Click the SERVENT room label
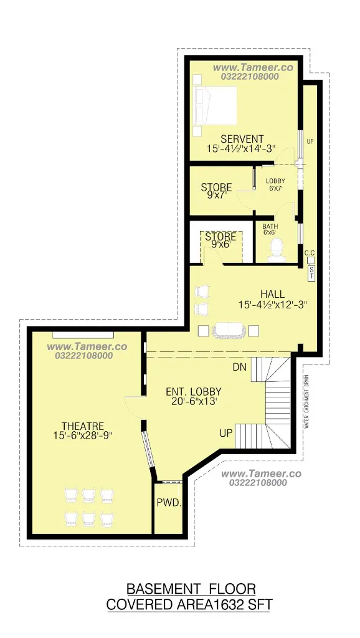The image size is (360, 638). pos(242,139)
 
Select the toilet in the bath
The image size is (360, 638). pos(277,249)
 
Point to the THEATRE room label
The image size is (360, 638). pos(83,426)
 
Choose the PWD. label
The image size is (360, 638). pos(169,503)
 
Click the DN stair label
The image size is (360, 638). pos(240,367)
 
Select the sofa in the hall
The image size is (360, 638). pos(229,330)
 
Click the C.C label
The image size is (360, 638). pos(310,253)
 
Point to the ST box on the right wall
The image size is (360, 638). pos(311,273)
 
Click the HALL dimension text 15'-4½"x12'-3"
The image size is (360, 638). pos(272,304)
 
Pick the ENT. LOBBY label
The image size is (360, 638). pos(194,391)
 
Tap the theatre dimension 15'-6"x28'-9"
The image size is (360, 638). pos(83,436)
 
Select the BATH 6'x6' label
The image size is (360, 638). pos(270,229)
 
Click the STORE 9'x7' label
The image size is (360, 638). pos(216,191)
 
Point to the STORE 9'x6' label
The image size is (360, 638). pos(220,240)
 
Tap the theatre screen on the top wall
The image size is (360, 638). pos(83,335)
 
